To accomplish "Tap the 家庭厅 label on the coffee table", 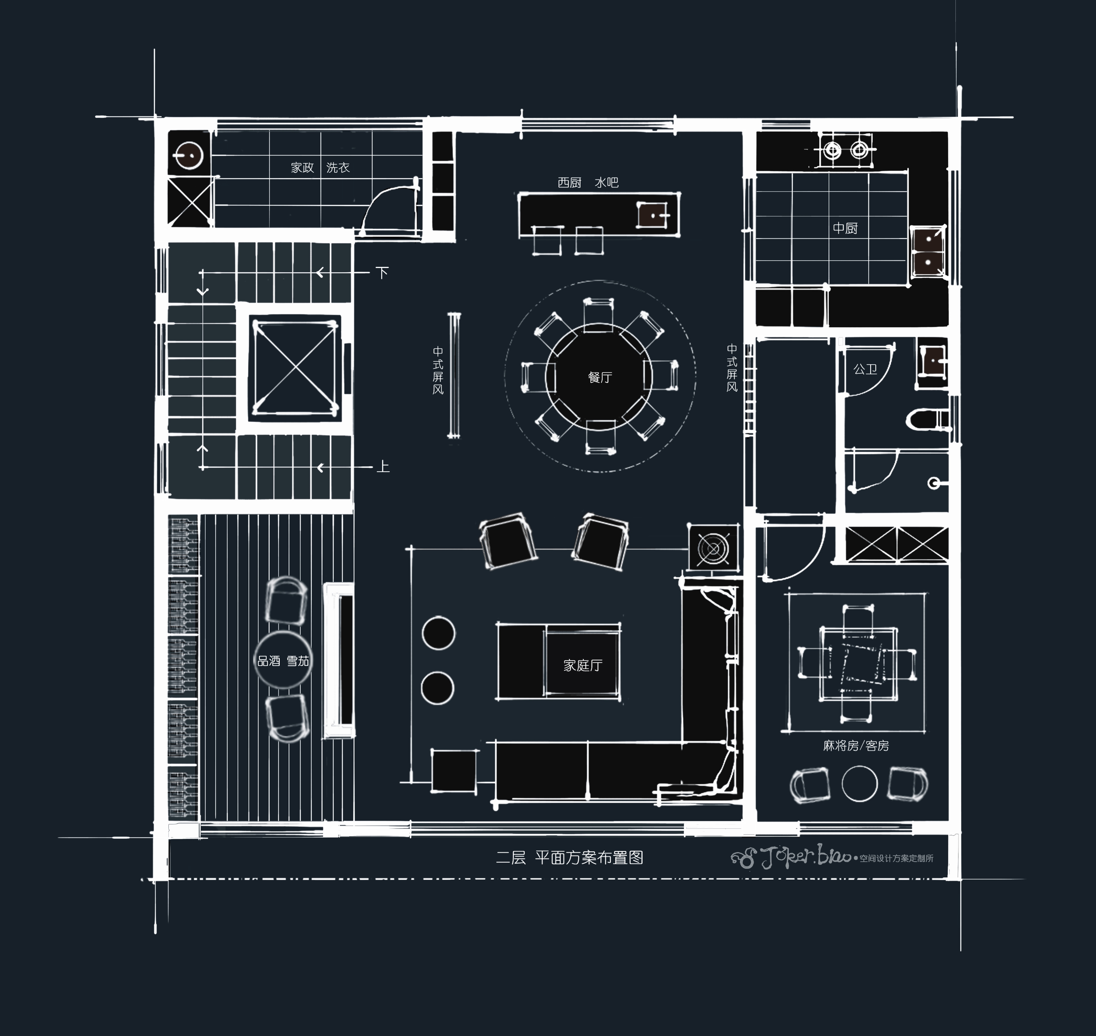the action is pyautogui.click(x=583, y=665).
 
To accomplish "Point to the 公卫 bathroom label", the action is pyautogui.click(x=865, y=369).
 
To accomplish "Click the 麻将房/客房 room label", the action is pyautogui.click(x=856, y=746).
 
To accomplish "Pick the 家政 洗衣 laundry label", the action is pyautogui.click(x=320, y=167).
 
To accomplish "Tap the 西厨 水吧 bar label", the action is pyautogui.click(x=588, y=182).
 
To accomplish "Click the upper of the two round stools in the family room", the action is pyautogui.click(x=438, y=633).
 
